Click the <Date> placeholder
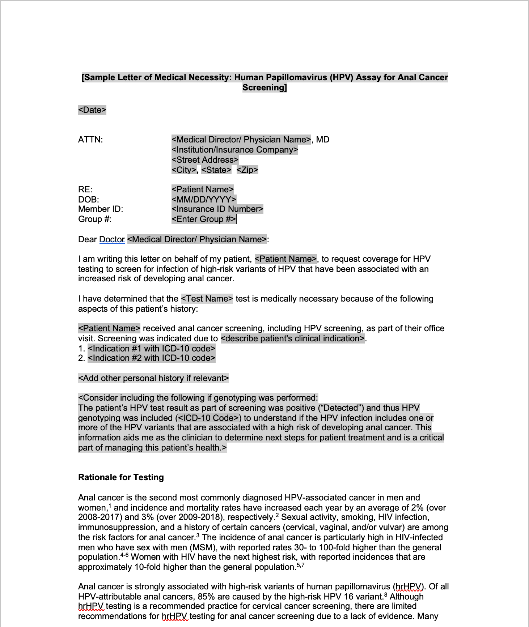pos(92,110)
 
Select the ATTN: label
pos(90,140)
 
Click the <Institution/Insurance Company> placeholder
pos(235,150)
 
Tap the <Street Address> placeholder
pos(205,160)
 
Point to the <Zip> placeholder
pos(247,170)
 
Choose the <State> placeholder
pos(216,170)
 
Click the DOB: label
pos(89,200)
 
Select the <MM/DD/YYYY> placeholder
pos(204,200)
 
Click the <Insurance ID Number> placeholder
pos(217,209)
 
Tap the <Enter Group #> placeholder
pos(204,219)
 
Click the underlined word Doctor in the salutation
pos(112,239)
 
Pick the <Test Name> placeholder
pos(207,299)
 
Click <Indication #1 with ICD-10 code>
pos(152,349)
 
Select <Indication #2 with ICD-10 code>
pos(152,358)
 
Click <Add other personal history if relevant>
pos(153,378)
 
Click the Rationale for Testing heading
pos(121,477)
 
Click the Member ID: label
pos(101,209)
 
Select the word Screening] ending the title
pos(264,88)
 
